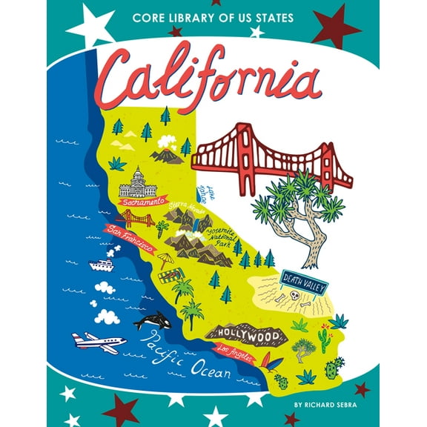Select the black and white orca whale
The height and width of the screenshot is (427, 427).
pyautogui.click(x=153, y=322)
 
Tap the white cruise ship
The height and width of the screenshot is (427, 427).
pyautogui.click(x=102, y=265)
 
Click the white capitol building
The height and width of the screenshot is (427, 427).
pyautogui.click(x=139, y=182)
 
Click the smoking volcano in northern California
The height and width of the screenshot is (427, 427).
pyautogui.click(x=166, y=152)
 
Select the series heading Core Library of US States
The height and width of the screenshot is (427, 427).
pyautogui.click(x=213, y=18)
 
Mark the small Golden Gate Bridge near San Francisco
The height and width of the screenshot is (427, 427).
pyautogui.click(x=139, y=219)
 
